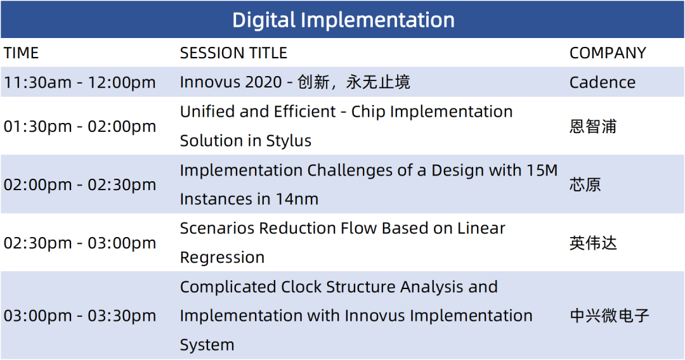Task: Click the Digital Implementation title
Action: tap(343, 20)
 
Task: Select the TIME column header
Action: tap(21, 53)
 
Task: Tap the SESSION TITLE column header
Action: tap(233, 53)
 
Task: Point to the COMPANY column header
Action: tap(607, 53)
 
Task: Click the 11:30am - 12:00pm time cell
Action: tap(79, 82)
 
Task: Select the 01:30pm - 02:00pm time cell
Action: tap(79, 126)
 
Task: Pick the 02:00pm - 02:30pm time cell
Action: tap(79, 184)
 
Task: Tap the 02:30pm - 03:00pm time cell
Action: tap(79, 243)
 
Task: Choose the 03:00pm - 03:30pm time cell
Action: tap(79, 316)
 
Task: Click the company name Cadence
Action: tap(603, 82)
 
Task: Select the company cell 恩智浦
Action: tap(593, 127)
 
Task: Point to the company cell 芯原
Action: tap(585, 184)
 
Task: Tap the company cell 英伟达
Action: tap(593, 243)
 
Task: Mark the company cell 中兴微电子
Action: tap(609, 316)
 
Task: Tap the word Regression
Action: tap(222, 257)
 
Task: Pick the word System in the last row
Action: tap(207, 345)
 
